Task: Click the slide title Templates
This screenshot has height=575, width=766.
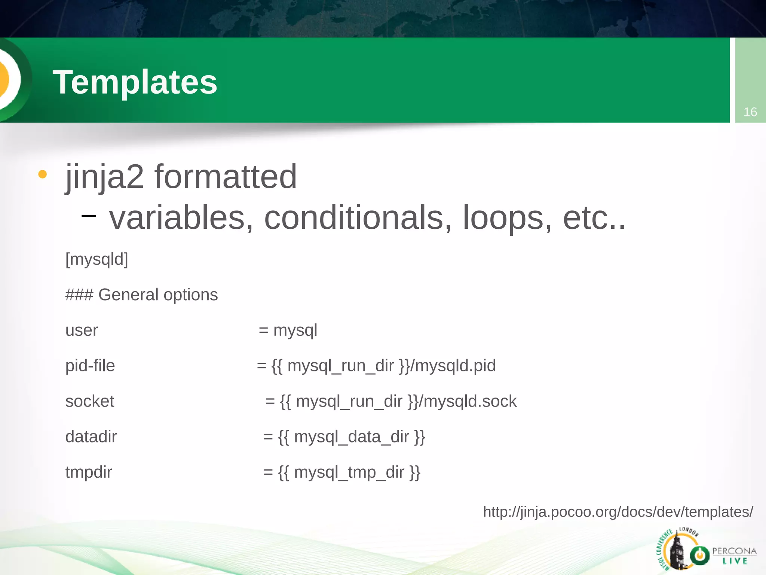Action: tap(135, 82)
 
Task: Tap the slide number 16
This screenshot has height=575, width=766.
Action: tap(750, 112)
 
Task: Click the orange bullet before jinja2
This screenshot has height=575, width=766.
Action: tap(43, 174)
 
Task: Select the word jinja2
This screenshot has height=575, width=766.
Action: tap(105, 177)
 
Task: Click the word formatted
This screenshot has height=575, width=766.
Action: tap(226, 177)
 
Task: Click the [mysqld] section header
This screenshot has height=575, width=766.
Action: tap(96, 259)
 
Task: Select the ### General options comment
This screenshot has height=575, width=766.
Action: tap(141, 295)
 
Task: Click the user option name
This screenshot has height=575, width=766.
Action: tap(82, 330)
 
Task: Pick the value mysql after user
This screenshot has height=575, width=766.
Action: tap(295, 330)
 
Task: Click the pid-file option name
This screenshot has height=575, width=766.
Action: tap(90, 366)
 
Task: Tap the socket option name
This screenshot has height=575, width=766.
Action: tap(90, 401)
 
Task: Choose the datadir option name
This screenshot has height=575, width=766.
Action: tap(91, 437)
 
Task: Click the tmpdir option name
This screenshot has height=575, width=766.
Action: tap(89, 472)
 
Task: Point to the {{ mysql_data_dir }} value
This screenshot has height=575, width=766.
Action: tap(352, 437)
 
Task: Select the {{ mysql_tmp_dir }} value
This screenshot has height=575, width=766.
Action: tap(349, 472)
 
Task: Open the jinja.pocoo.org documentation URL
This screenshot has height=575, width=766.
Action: tap(618, 512)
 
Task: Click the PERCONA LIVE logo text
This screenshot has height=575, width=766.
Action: tap(734, 556)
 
